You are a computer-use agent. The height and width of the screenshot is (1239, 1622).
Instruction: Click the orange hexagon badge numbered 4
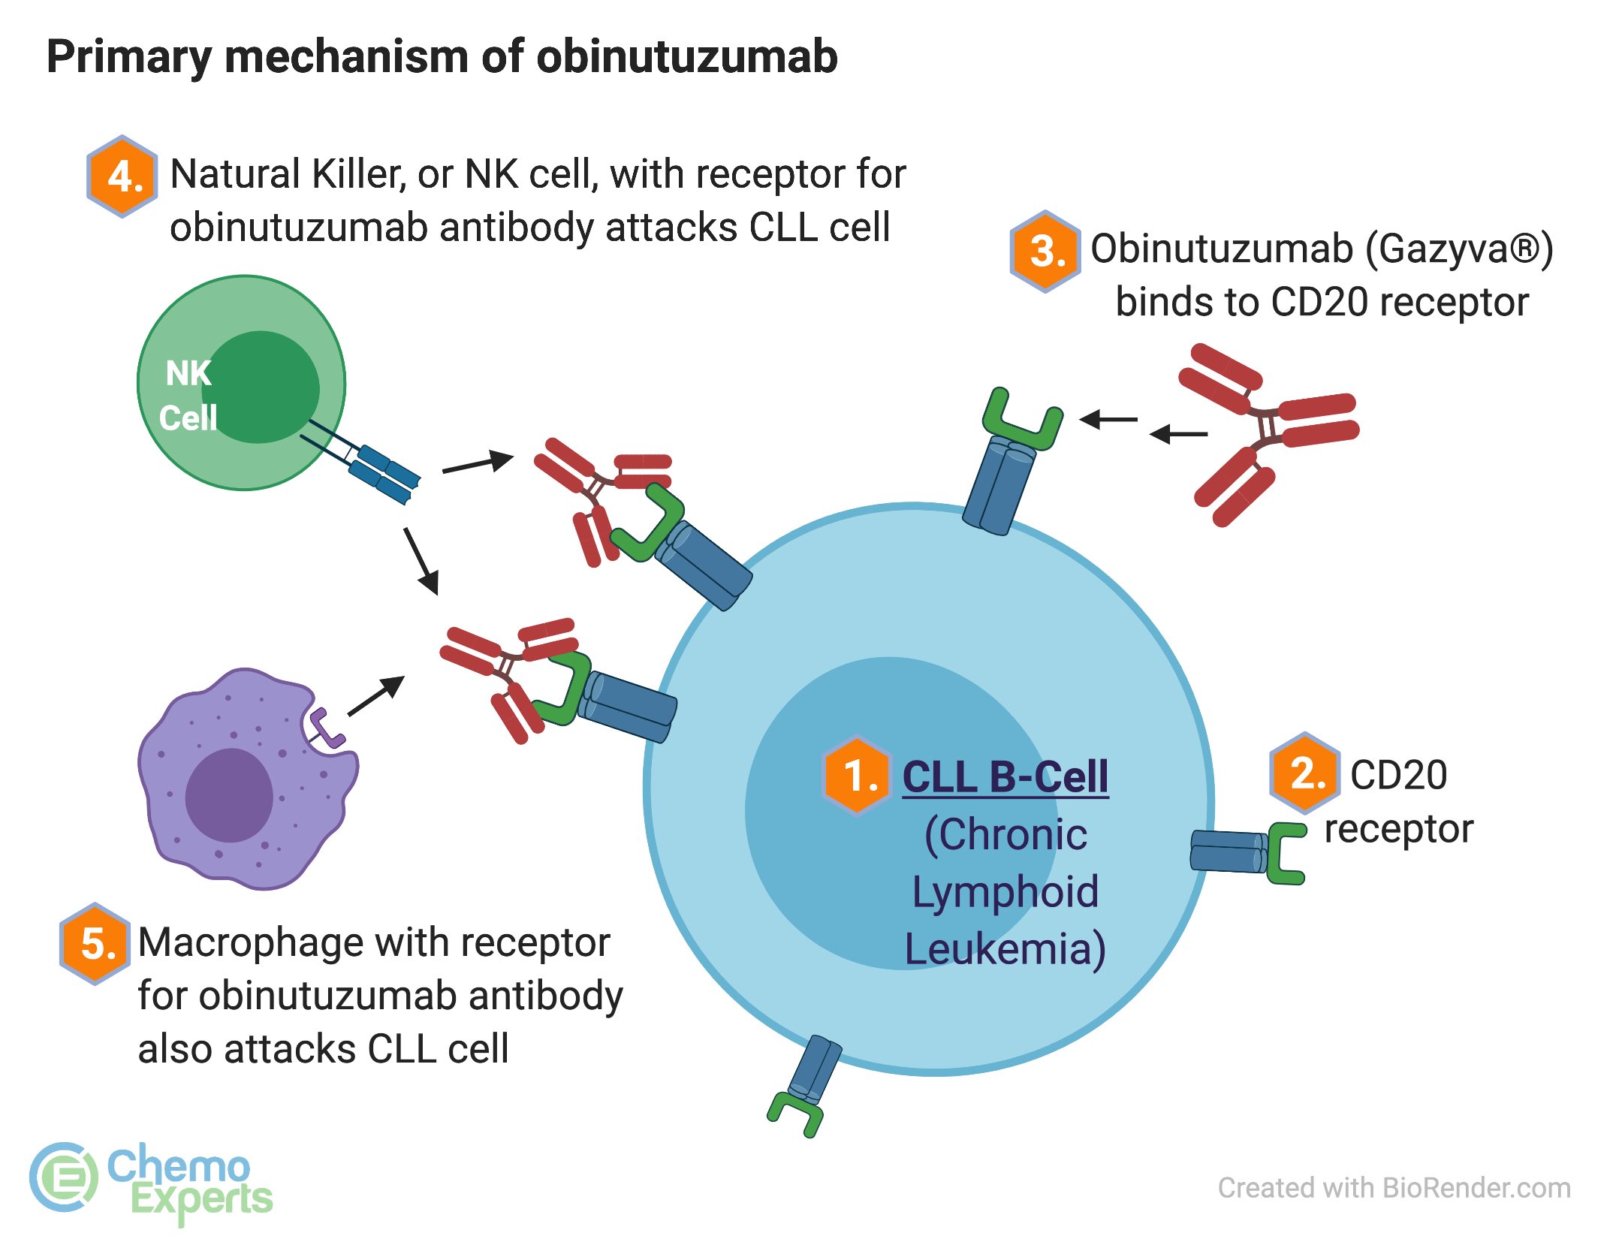[x=122, y=176]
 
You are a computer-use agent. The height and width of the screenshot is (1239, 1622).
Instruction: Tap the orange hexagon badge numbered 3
[x=1045, y=251]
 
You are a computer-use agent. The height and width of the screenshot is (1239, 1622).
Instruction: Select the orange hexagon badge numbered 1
[x=858, y=775]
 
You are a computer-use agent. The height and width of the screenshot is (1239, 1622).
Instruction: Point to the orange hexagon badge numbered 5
[x=95, y=943]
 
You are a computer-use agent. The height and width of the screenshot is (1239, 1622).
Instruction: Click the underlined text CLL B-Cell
[x=1005, y=776]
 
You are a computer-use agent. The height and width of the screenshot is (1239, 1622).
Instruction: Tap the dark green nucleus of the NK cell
[x=261, y=387]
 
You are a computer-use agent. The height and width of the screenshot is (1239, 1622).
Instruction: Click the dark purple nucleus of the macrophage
[x=229, y=794]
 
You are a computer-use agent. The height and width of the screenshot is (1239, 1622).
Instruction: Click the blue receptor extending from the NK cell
[x=383, y=473]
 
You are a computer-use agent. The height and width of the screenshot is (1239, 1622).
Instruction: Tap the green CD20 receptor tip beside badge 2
[x=1286, y=853]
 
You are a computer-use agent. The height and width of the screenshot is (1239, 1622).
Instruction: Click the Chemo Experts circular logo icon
[x=64, y=1177]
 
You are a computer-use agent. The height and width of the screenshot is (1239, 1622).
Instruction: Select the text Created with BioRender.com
[x=1394, y=1188]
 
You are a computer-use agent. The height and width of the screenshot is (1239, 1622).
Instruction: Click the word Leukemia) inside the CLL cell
[x=1005, y=948]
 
